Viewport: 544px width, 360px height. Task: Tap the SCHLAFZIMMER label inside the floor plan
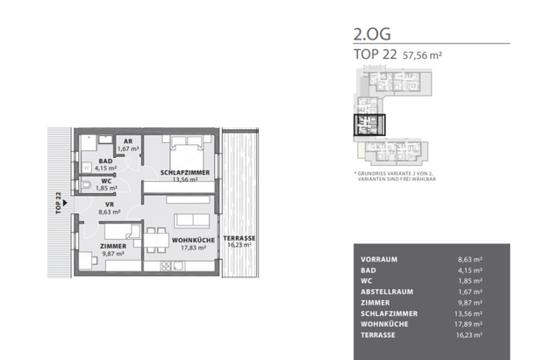point(184,173)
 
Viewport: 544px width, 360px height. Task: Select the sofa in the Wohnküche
point(191,220)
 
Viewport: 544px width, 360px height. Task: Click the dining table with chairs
point(154,237)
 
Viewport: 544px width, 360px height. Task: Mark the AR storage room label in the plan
point(128,140)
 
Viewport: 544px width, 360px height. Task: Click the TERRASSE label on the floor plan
point(239,239)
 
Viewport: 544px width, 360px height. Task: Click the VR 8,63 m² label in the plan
point(111,207)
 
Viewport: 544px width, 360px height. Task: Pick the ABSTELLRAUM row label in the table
point(390,292)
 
